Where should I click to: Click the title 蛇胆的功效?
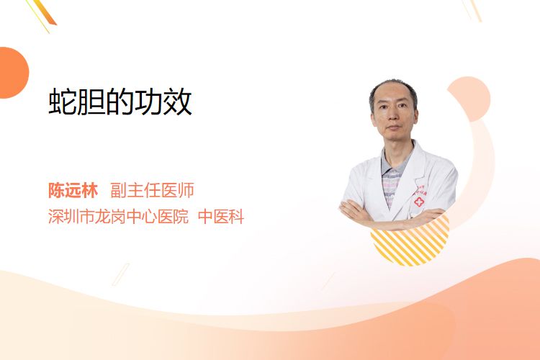coord(120,102)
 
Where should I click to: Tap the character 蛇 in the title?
coord(63,102)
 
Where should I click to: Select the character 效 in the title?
coord(178,102)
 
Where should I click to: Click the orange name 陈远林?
coord(73,190)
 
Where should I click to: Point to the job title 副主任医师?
coord(152,190)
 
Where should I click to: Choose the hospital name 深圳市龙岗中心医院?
coord(118,217)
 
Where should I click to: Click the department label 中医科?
coord(221,217)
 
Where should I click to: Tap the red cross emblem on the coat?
coord(419,202)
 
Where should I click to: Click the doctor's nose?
coord(392,117)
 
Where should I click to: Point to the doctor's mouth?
coord(393,128)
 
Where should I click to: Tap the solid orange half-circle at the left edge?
coord(13,73)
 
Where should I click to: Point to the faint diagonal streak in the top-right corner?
coord(472,10)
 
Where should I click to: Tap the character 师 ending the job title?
coord(186,190)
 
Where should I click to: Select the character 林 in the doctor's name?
coord(90,190)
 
